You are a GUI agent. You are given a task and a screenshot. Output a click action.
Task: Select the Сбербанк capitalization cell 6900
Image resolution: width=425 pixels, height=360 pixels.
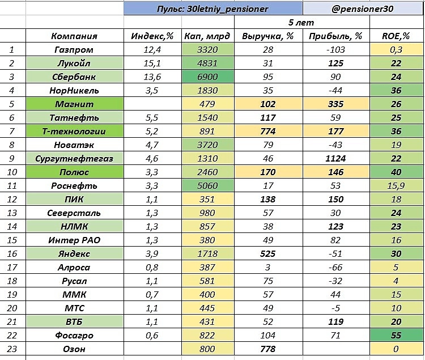point(207,77)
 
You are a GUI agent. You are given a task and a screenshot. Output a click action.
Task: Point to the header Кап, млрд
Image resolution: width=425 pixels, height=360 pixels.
point(207,36)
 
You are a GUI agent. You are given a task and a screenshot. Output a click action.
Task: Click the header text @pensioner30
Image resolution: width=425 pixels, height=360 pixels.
point(363,9)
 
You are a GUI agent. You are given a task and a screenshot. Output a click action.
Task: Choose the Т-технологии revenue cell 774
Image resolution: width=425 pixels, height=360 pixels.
point(266,132)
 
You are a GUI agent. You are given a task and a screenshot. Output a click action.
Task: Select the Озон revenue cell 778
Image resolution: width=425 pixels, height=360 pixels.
point(266,349)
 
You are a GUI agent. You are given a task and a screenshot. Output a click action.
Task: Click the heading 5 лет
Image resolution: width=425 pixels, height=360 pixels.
point(301,23)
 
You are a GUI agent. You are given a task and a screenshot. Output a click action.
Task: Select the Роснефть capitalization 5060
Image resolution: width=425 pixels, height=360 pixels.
point(207,186)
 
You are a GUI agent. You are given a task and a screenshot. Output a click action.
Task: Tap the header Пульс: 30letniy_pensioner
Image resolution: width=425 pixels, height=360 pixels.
point(212,9)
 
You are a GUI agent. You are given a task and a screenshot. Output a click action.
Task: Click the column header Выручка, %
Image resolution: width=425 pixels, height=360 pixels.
point(266,36)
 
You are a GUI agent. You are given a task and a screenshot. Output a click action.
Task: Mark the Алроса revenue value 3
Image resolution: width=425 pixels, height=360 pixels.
point(266,268)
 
